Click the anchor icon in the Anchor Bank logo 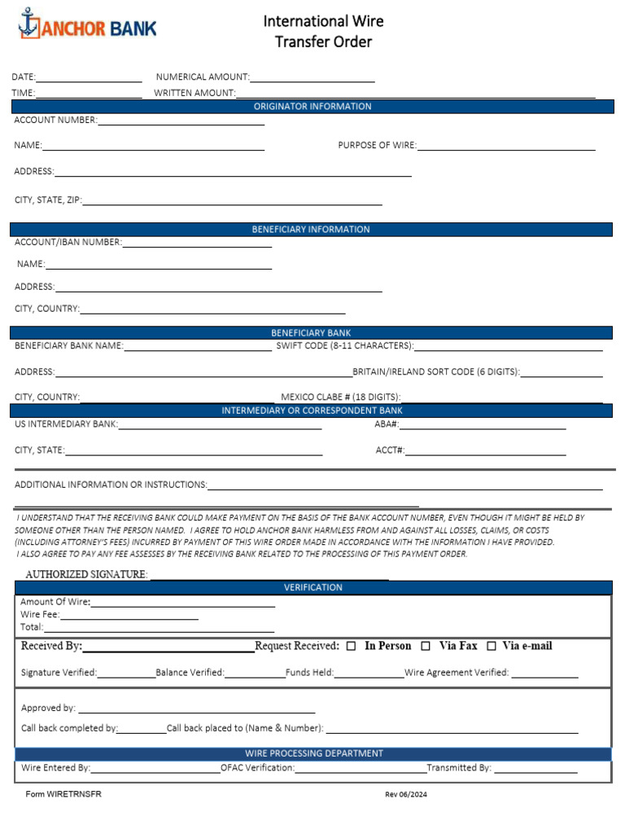pos(28,24)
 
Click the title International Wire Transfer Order pos(323,31)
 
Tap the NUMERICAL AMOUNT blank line pos(312,77)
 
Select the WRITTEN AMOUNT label pos(194,93)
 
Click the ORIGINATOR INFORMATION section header pos(312,107)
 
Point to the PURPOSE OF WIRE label pos(377,146)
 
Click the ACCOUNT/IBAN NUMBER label pos(68,242)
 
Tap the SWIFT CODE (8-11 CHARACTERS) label pos(345,346)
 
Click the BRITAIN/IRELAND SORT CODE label pos(436,372)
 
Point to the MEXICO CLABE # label pos(341,397)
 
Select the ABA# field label pos(386,424)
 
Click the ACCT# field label pos(390,450)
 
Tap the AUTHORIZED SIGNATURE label pos(86,574)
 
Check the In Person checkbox pos(352,647)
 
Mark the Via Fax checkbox pos(426,647)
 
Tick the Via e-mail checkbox pos(492,647)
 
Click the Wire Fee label pos(40,615)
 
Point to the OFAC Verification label pos(257,768)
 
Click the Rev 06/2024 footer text pos(405,795)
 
